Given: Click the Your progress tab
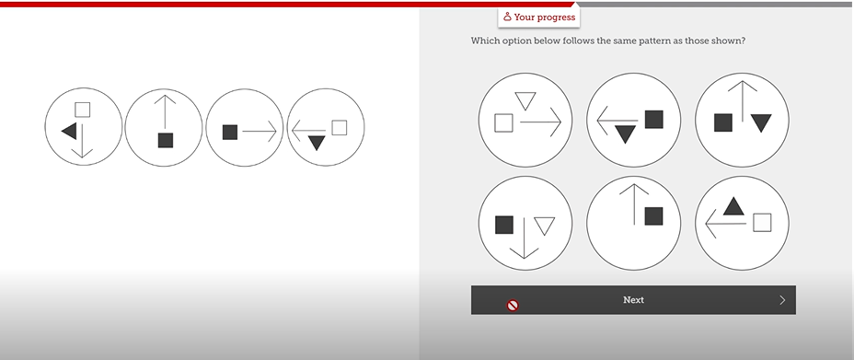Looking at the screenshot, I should [538, 17].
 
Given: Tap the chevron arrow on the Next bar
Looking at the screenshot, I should [782, 299].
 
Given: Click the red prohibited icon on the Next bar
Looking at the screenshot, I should [513, 305].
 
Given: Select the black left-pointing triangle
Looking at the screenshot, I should [69, 131].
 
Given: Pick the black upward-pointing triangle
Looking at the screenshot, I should [733, 206].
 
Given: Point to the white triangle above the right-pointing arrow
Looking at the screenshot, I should [525, 100].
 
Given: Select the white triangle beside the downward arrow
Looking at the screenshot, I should [545, 225].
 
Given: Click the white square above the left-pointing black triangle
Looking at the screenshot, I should [82, 110].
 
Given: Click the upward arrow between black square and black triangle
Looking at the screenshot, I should [743, 102].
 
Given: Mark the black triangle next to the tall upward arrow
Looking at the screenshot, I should [761, 122].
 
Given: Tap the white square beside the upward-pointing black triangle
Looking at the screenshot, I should [762, 222].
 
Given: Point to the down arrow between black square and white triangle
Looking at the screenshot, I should [525, 237].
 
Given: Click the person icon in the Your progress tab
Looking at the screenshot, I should [507, 17].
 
